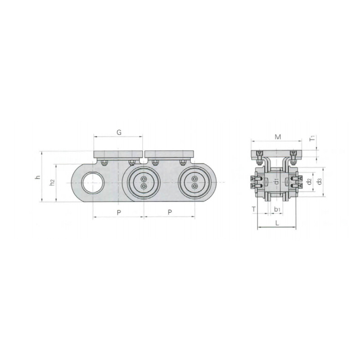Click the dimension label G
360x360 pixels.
pos(119,132)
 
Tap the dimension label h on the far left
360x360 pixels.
pos(38,177)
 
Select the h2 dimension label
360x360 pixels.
pos(53,183)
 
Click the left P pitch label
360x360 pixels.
pos(119,212)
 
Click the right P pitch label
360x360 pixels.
pos(170,212)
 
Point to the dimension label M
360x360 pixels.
pos(278,137)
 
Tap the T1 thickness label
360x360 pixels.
pos(312,139)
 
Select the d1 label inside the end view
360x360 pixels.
pos(277,182)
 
